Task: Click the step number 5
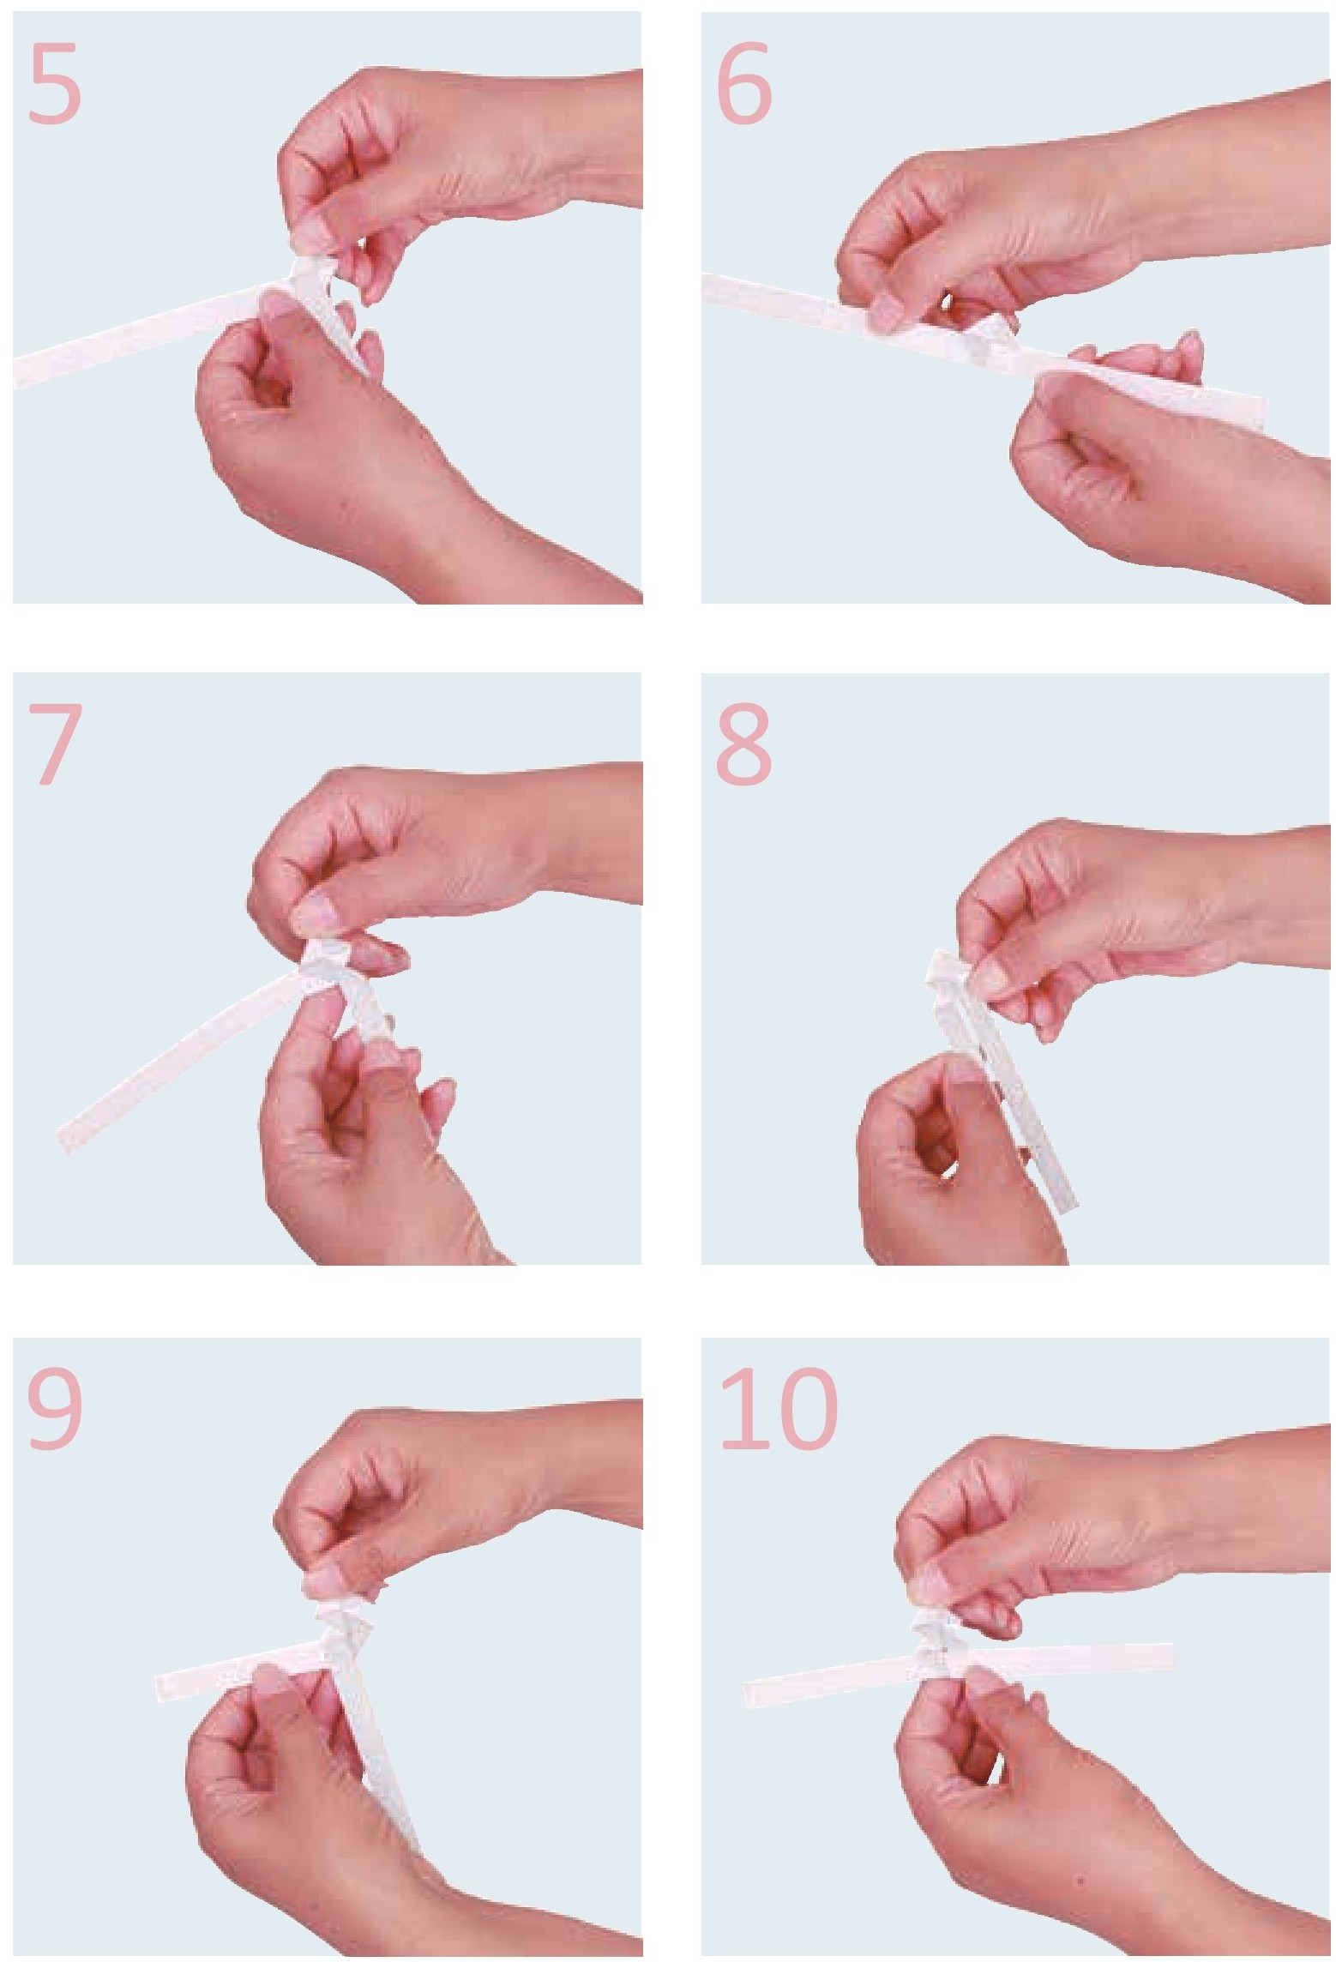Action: (55, 84)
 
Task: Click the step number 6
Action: (743, 84)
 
